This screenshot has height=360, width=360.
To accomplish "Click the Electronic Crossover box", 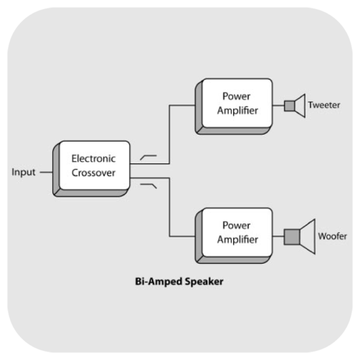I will [93, 165].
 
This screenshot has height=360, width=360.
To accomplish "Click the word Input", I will [23, 172].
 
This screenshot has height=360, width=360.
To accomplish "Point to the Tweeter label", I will [324, 105].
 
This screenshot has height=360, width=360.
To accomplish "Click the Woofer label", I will [332, 236].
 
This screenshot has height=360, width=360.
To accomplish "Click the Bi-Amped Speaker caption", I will [179, 281].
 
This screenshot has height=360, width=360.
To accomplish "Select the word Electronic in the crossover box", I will [93, 158].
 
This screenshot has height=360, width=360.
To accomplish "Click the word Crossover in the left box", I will [93, 172].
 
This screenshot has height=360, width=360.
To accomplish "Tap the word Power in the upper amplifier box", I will [237, 96].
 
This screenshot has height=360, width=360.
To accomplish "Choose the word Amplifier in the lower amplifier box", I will [237, 239].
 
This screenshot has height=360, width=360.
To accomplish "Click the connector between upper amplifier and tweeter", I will [278, 106].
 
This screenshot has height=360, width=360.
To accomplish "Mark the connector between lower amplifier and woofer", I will [278, 236].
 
